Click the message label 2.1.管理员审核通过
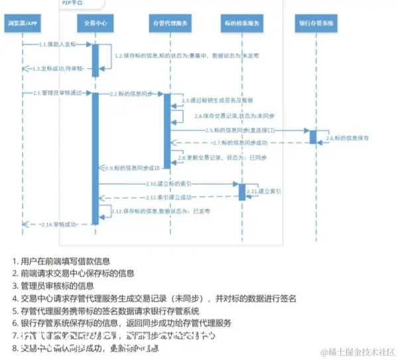pyautogui.click(x=56, y=93)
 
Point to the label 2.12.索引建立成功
pyautogui.click(x=168, y=197)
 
